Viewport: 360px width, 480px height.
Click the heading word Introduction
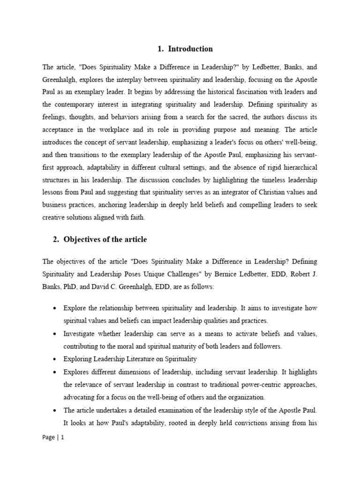click(x=190, y=49)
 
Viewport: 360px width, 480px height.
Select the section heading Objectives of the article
click(x=105, y=240)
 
